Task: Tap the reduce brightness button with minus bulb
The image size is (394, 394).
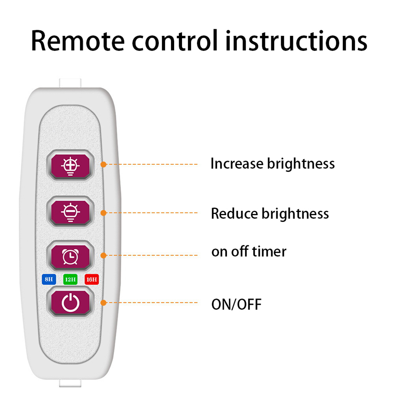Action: pyautogui.click(x=71, y=213)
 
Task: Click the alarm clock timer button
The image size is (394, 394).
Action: pyautogui.click(x=71, y=256)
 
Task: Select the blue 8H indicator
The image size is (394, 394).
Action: pyautogui.click(x=48, y=280)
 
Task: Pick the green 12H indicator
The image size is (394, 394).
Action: pyautogui.click(x=70, y=280)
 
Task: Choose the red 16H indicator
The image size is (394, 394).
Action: pyautogui.click(x=92, y=280)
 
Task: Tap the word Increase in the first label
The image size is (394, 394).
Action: pyautogui.click(x=237, y=164)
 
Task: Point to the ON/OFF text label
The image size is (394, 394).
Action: pyautogui.click(x=236, y=304)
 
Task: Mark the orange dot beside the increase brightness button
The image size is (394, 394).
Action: pyautogui.click(x=103, y=164)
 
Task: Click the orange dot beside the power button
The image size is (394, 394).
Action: pyautogui.click(x=103, y=303)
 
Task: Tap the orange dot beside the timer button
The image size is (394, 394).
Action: pyautogui.click(x=103, y=255)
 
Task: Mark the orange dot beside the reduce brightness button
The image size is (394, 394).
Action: pyautogui.click(x=103, y=213)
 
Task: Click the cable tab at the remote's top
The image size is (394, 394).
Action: pyautogui.click(x=70, y=83)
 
